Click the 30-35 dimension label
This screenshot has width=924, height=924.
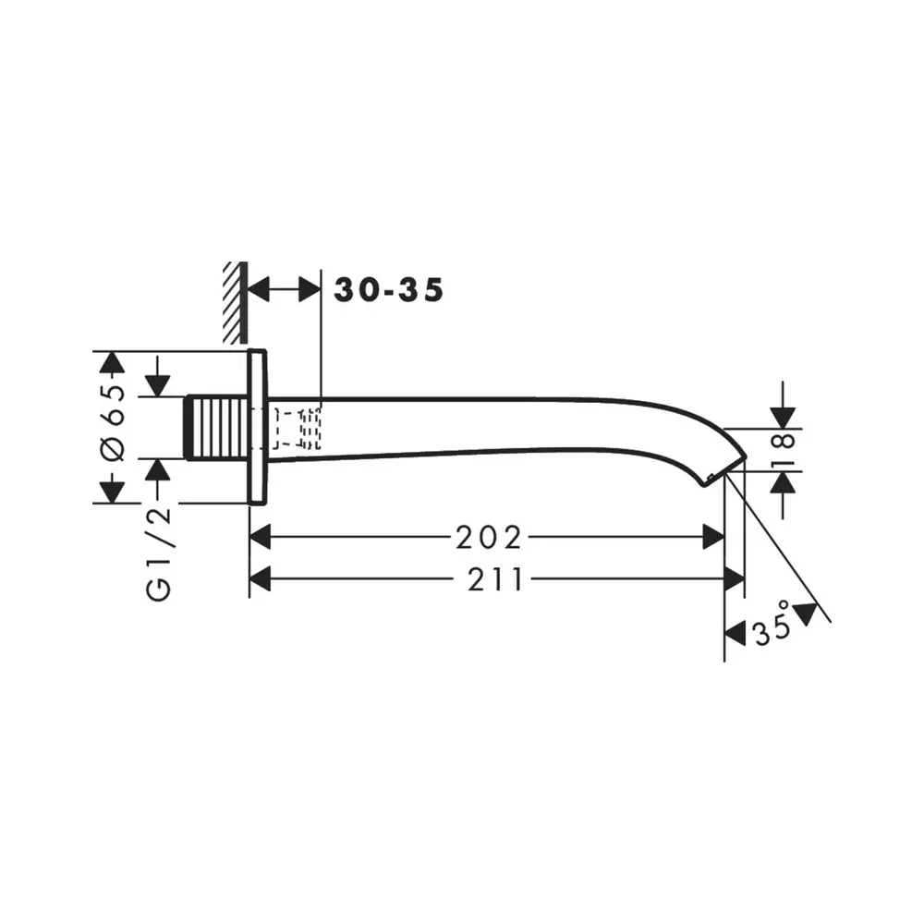388,290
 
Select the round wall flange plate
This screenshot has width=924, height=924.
258,427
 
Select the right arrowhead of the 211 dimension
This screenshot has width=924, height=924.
735,579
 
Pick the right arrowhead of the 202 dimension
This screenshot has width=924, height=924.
713,536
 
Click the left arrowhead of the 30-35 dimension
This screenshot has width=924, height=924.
261,290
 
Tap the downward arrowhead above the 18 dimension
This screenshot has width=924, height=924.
783,418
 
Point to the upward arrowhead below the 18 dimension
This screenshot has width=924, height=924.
783,481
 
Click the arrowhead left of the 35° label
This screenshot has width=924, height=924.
735,633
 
